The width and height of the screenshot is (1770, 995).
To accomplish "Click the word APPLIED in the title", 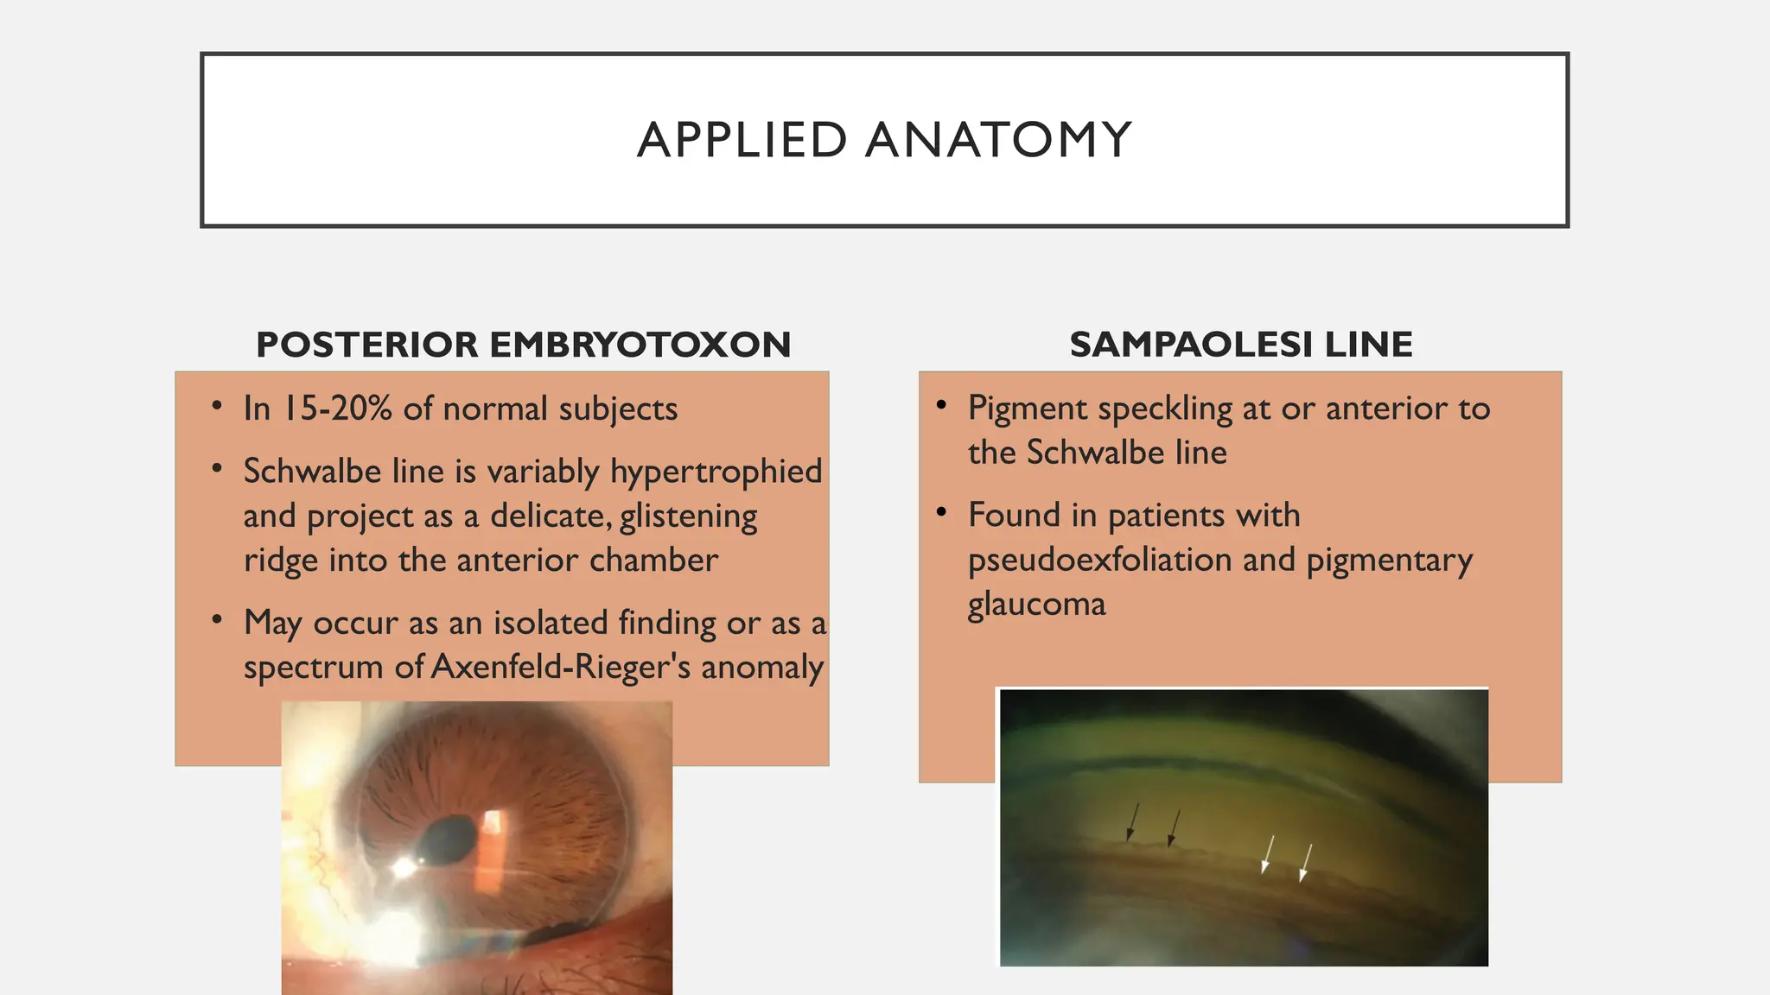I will point(742,140).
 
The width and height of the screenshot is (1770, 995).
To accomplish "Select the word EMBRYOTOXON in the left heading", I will point(640,345).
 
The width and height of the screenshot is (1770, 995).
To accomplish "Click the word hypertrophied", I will point(716,472).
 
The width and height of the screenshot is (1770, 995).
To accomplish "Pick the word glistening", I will point(688,517).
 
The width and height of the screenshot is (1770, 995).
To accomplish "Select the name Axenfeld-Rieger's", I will point(561,667).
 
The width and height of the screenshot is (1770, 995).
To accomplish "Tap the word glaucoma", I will point(1036,605).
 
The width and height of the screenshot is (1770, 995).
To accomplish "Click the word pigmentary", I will point(1389,561).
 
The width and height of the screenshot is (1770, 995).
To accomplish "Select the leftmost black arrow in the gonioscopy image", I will point(1133,821).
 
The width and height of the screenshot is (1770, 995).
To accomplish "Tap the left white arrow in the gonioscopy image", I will point(1267,853).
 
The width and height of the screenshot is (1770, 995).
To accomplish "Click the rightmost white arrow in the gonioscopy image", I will point(1306,863).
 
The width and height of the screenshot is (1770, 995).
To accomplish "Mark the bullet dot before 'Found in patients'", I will point(942,512).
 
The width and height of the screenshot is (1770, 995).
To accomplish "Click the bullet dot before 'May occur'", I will point(217,619).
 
